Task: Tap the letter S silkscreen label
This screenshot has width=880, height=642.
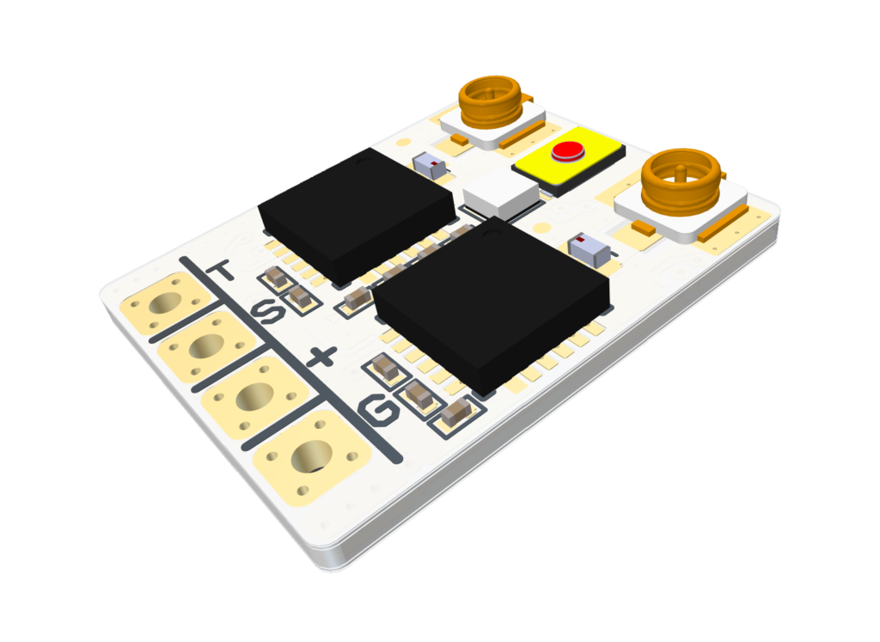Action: point(269,312)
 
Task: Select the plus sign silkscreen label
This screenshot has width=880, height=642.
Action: point(322,357)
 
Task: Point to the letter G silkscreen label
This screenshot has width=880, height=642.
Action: point(379,413)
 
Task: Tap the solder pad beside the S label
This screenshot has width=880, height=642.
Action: point(207,345)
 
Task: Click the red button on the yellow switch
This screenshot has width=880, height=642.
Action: point(568,152)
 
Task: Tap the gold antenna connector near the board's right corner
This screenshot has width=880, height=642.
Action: point(681,183)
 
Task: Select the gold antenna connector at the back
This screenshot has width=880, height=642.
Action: point(492,101)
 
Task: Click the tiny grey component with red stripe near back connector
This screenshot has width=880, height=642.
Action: point(431,165)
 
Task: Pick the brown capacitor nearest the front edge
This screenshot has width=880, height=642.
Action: point(455,413)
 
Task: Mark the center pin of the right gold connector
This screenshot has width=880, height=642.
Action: point(679,169)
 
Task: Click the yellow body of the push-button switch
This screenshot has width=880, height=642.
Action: point(593,163)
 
